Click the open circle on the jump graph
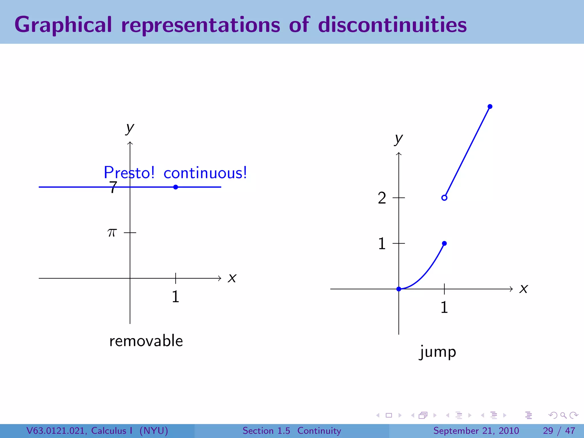click(x=444, y=198)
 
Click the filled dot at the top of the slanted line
click(x=490, y=107)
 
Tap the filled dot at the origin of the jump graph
click(x=399, y=289)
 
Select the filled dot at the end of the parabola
click(x=444, y=243)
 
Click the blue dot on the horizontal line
click(x=176, y=187)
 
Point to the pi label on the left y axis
click(x=112, y=233)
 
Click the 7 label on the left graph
click(x=113, y=187)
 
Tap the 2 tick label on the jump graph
click(x=382, y=198)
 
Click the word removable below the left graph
click(x=146, y=341)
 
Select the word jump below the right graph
click(x=438, y=352)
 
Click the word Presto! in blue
click(x=129, y=173)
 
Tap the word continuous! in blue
click(x=205, y=173)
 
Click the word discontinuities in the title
click(x=392, y=25)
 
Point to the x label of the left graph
click(x=232, y=278)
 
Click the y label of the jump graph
click(x=398, y=139)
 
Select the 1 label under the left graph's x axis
click(x=175, y=297)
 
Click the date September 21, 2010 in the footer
click(x=476, y=431)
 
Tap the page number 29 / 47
click(x=559, y=431)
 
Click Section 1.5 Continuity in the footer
click(x=292, y=431)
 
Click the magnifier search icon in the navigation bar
click(x=563, y=415)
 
